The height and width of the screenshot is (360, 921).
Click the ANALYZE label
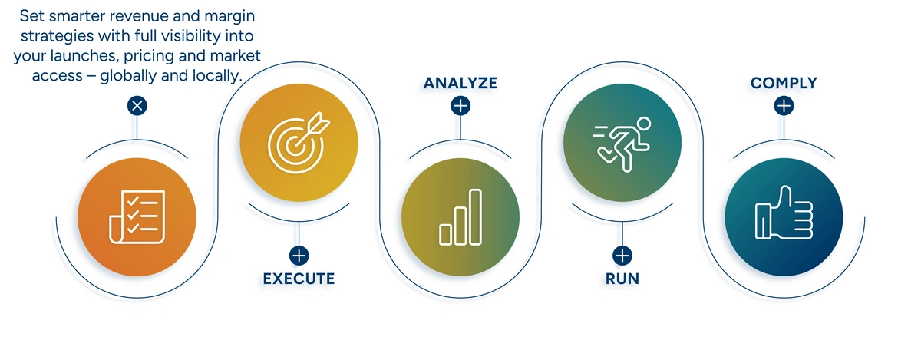point(460,82)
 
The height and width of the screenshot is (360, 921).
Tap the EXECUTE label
point(299,278)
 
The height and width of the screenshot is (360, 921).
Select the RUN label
point(622,278)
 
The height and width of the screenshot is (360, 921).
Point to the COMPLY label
point(784,82)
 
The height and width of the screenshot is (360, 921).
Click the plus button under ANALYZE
point(460,105)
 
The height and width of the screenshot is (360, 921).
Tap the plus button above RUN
point(622,256)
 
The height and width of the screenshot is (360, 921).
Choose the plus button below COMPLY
point(784,105)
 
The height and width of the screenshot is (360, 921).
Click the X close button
point(137,105)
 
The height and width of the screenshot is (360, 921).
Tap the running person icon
point(622,140)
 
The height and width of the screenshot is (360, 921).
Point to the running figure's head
point(642,123)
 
